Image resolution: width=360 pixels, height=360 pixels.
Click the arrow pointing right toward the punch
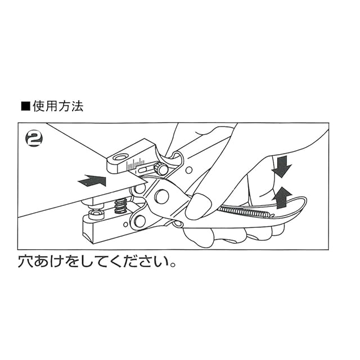[92, 181]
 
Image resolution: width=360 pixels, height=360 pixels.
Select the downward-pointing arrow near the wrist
[282, 166]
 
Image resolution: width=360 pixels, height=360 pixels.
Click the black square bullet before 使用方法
[24, 106]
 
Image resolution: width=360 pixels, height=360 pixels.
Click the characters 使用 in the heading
[45, 106]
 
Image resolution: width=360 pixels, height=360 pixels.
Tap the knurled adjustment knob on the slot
[162, 168]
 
